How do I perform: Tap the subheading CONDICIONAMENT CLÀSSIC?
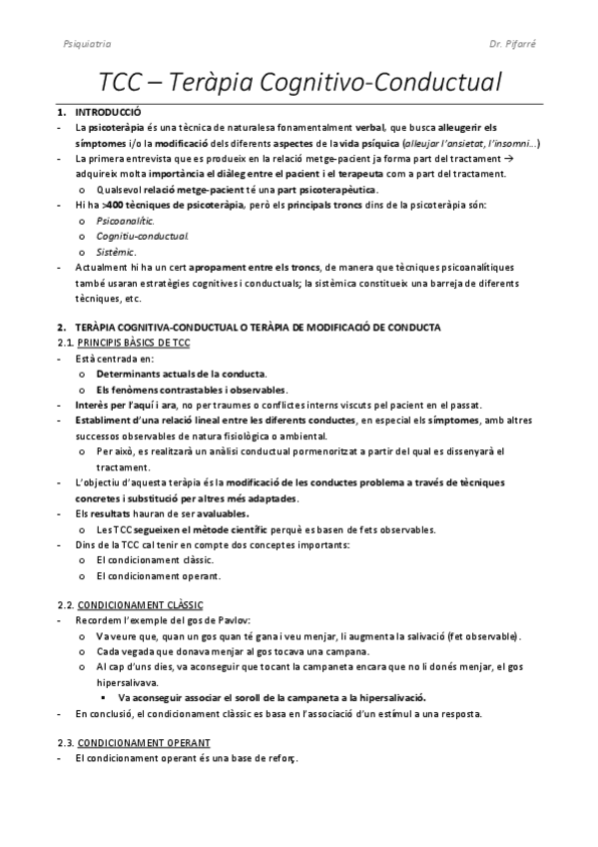point(140,605)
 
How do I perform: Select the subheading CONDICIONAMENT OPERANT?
point(144,743)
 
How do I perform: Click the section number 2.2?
point(65,605)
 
